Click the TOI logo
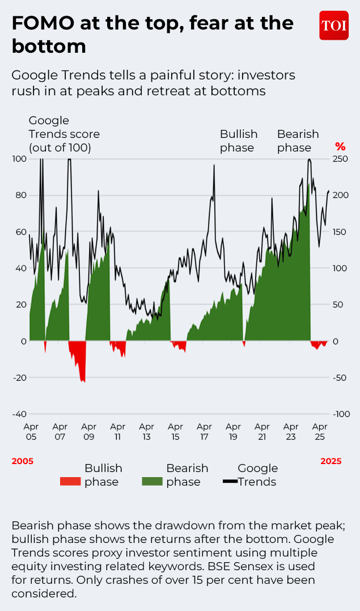pos(334,25)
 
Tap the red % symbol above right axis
pos(340,147)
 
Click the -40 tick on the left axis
pos(19,414)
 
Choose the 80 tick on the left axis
pos(20,195)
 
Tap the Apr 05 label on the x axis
pos(31,432)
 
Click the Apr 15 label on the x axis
pos(175,432)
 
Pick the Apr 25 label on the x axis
pos(320,432)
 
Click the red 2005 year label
pos(23,461)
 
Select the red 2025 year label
pos(331,461)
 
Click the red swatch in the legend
pos(70,482)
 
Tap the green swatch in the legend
pos(152,482)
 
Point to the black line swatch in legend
pos(230,482)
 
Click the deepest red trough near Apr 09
pos(83,381)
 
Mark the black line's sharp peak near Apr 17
pos(214,165)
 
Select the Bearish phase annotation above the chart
pos(298,141)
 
